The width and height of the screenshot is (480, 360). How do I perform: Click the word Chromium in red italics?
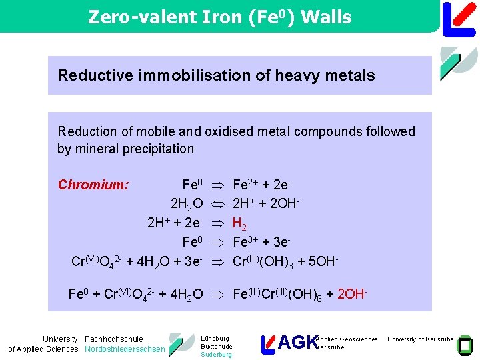pyautogui.click(x=93, y=185)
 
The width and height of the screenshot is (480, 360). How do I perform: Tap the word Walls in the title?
pyautogui.click(x=326, y=17)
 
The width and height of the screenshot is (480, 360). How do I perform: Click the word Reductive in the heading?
pyautogui.click(x=89, y=75)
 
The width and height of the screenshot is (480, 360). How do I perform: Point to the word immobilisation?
pyautogui.click(x=181, y=75)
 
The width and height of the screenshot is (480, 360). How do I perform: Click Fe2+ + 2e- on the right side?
pyautogui.click(x=261, y=185)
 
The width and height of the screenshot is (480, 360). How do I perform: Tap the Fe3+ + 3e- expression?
pyautogui.click(x=261, y=242)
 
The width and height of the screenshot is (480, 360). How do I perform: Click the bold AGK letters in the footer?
pyautogui.click(x=297, y=343)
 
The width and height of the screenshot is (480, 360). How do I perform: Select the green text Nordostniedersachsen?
pyautogui.click(x=125, y=349)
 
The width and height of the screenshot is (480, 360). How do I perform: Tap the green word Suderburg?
pyautogui.click(x=216, y=355)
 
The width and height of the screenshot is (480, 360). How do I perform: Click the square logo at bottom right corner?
pyautogui.click(x=467, y=344)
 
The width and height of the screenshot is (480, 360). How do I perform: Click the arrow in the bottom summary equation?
pyautogui.click(x=218, y=293)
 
